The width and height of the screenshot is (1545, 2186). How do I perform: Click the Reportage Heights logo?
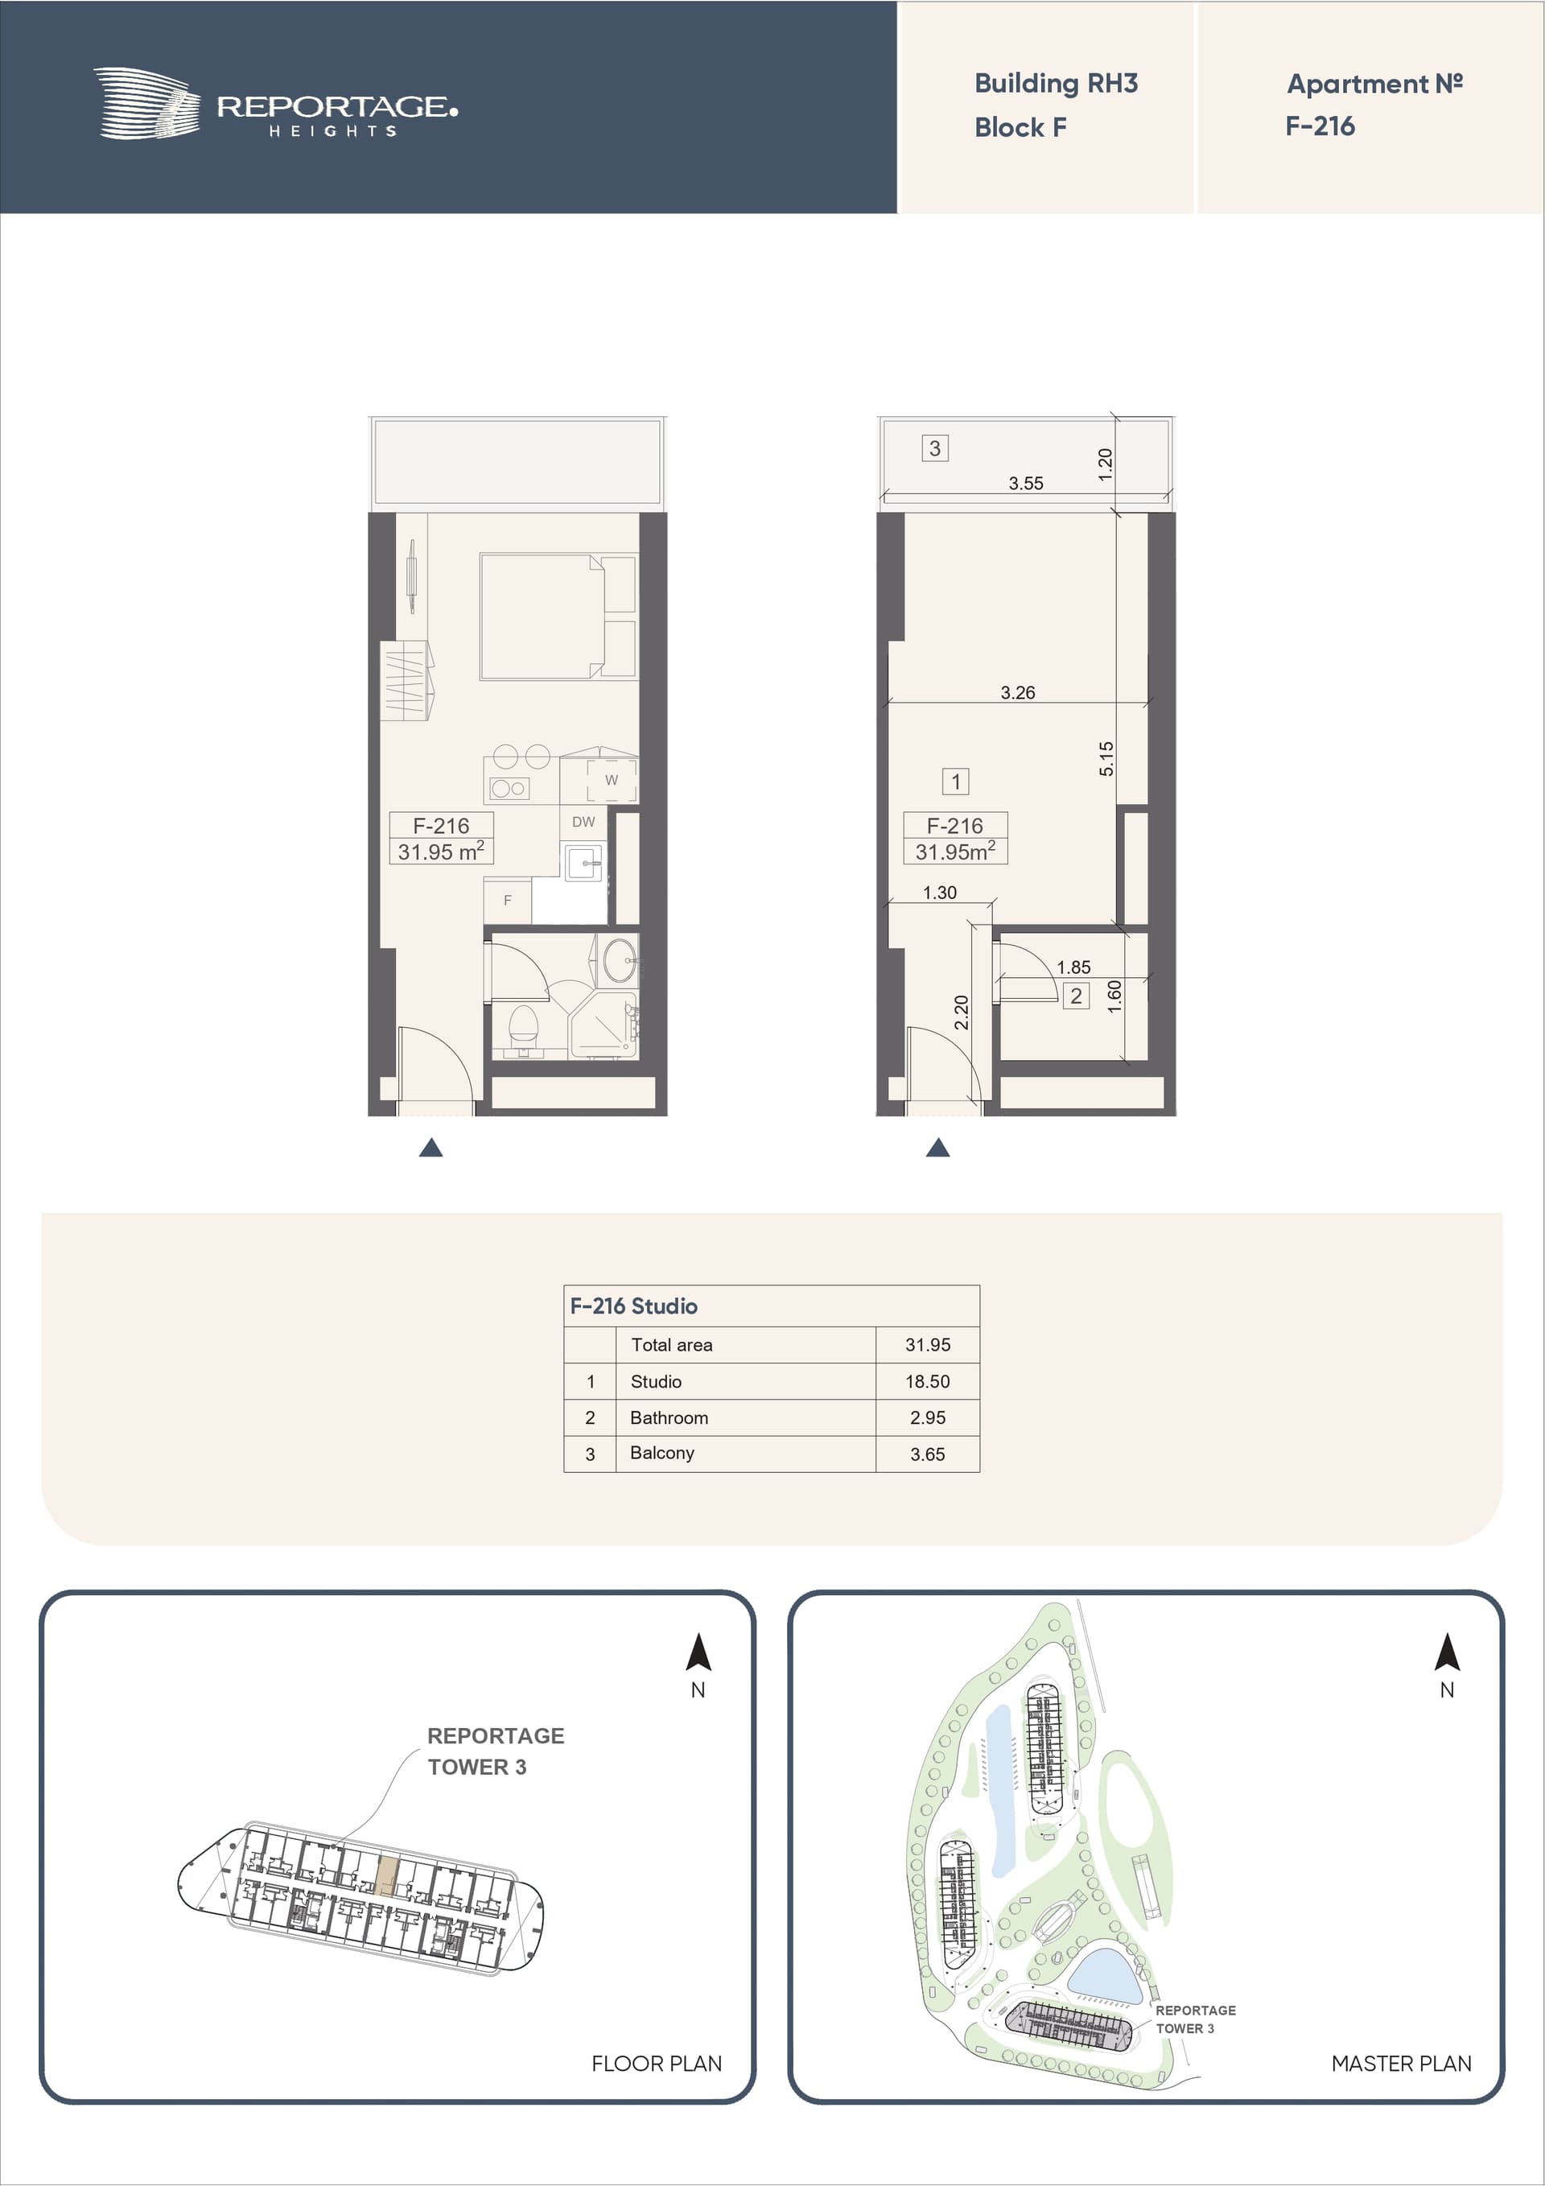click(275, 104)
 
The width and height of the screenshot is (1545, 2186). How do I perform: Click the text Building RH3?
click(1056, 84)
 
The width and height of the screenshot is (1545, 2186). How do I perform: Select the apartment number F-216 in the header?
click(1320, 126)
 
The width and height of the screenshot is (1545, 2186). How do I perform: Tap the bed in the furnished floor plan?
click(558, 616)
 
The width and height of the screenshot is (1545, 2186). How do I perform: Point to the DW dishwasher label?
click(583, 822)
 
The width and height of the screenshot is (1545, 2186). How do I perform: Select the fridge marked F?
click(508, 900)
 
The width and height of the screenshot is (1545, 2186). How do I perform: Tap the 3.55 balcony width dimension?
click(1025, 484)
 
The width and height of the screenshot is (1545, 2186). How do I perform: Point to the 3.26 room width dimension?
click(1018, 692)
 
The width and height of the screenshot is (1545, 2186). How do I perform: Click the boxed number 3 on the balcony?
click(935, 448)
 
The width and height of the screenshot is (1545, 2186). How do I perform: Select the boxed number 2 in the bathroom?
click(1076, 996)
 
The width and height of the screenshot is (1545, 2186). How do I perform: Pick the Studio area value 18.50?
click(927, 1381)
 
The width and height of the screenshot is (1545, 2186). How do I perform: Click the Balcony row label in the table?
click(661, 1453)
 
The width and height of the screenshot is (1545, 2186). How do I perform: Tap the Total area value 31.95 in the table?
click(927, 1345)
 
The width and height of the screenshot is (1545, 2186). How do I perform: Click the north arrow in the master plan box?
click(1447, 1652)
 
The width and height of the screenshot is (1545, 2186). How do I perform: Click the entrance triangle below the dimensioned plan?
click(937, 1149)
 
